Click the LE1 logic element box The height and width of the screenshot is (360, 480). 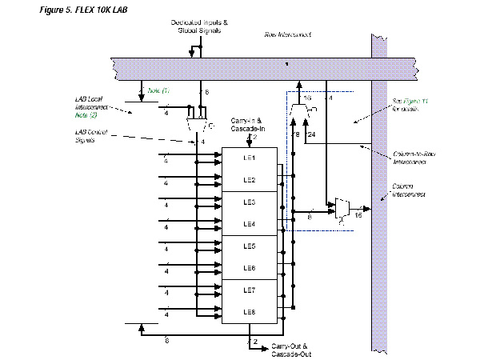[x=250, y=158]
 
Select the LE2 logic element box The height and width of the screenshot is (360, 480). [x=250, y=180]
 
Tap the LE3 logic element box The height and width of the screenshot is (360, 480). [x=250, y=202]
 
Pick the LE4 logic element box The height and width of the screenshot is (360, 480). [x=250, y=223]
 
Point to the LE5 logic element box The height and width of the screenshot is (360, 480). [x=250, y=246]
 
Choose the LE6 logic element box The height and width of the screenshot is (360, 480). [x=250, y=267]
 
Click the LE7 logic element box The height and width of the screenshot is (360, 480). [x=250, y=289]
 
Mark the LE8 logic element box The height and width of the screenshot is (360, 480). [x=250, y=311]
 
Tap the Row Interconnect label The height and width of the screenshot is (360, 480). [x=288, y=35]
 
